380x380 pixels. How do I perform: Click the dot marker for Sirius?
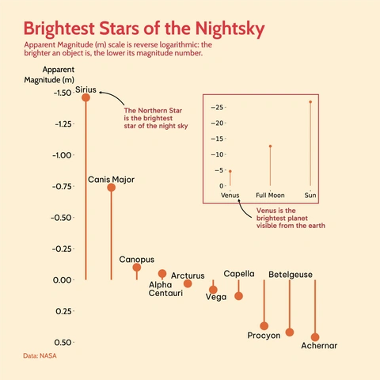tap(85, 97)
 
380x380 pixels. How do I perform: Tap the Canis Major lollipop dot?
tap(112, 188)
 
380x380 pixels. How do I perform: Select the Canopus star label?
tap(137, 259)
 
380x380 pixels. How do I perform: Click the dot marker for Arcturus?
tap(188, 283)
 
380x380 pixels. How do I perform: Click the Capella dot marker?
tap(239, 296)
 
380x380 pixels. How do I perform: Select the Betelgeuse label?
tap(291, 275)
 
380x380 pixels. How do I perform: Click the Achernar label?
tap(320, 346)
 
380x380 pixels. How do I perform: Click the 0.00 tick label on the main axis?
tap(62, 279)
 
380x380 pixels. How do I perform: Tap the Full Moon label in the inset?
tap(270, 195)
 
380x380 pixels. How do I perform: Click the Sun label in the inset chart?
tap(310, 195)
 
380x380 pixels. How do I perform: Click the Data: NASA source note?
tap(40, 357)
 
